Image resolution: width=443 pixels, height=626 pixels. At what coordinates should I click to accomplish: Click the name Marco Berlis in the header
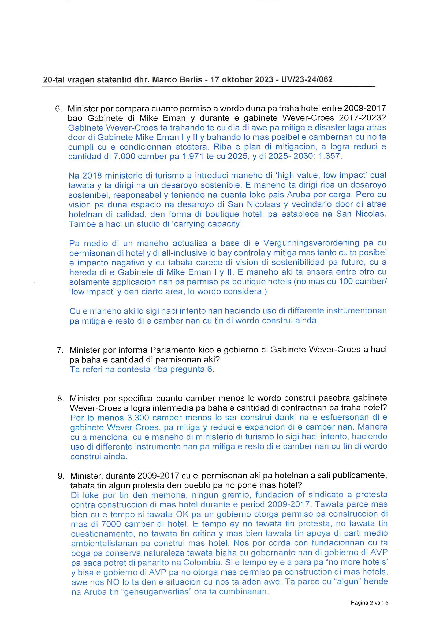point(177,79)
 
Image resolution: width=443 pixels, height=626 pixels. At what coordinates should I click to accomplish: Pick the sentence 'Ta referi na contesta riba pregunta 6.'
point(142,370)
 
